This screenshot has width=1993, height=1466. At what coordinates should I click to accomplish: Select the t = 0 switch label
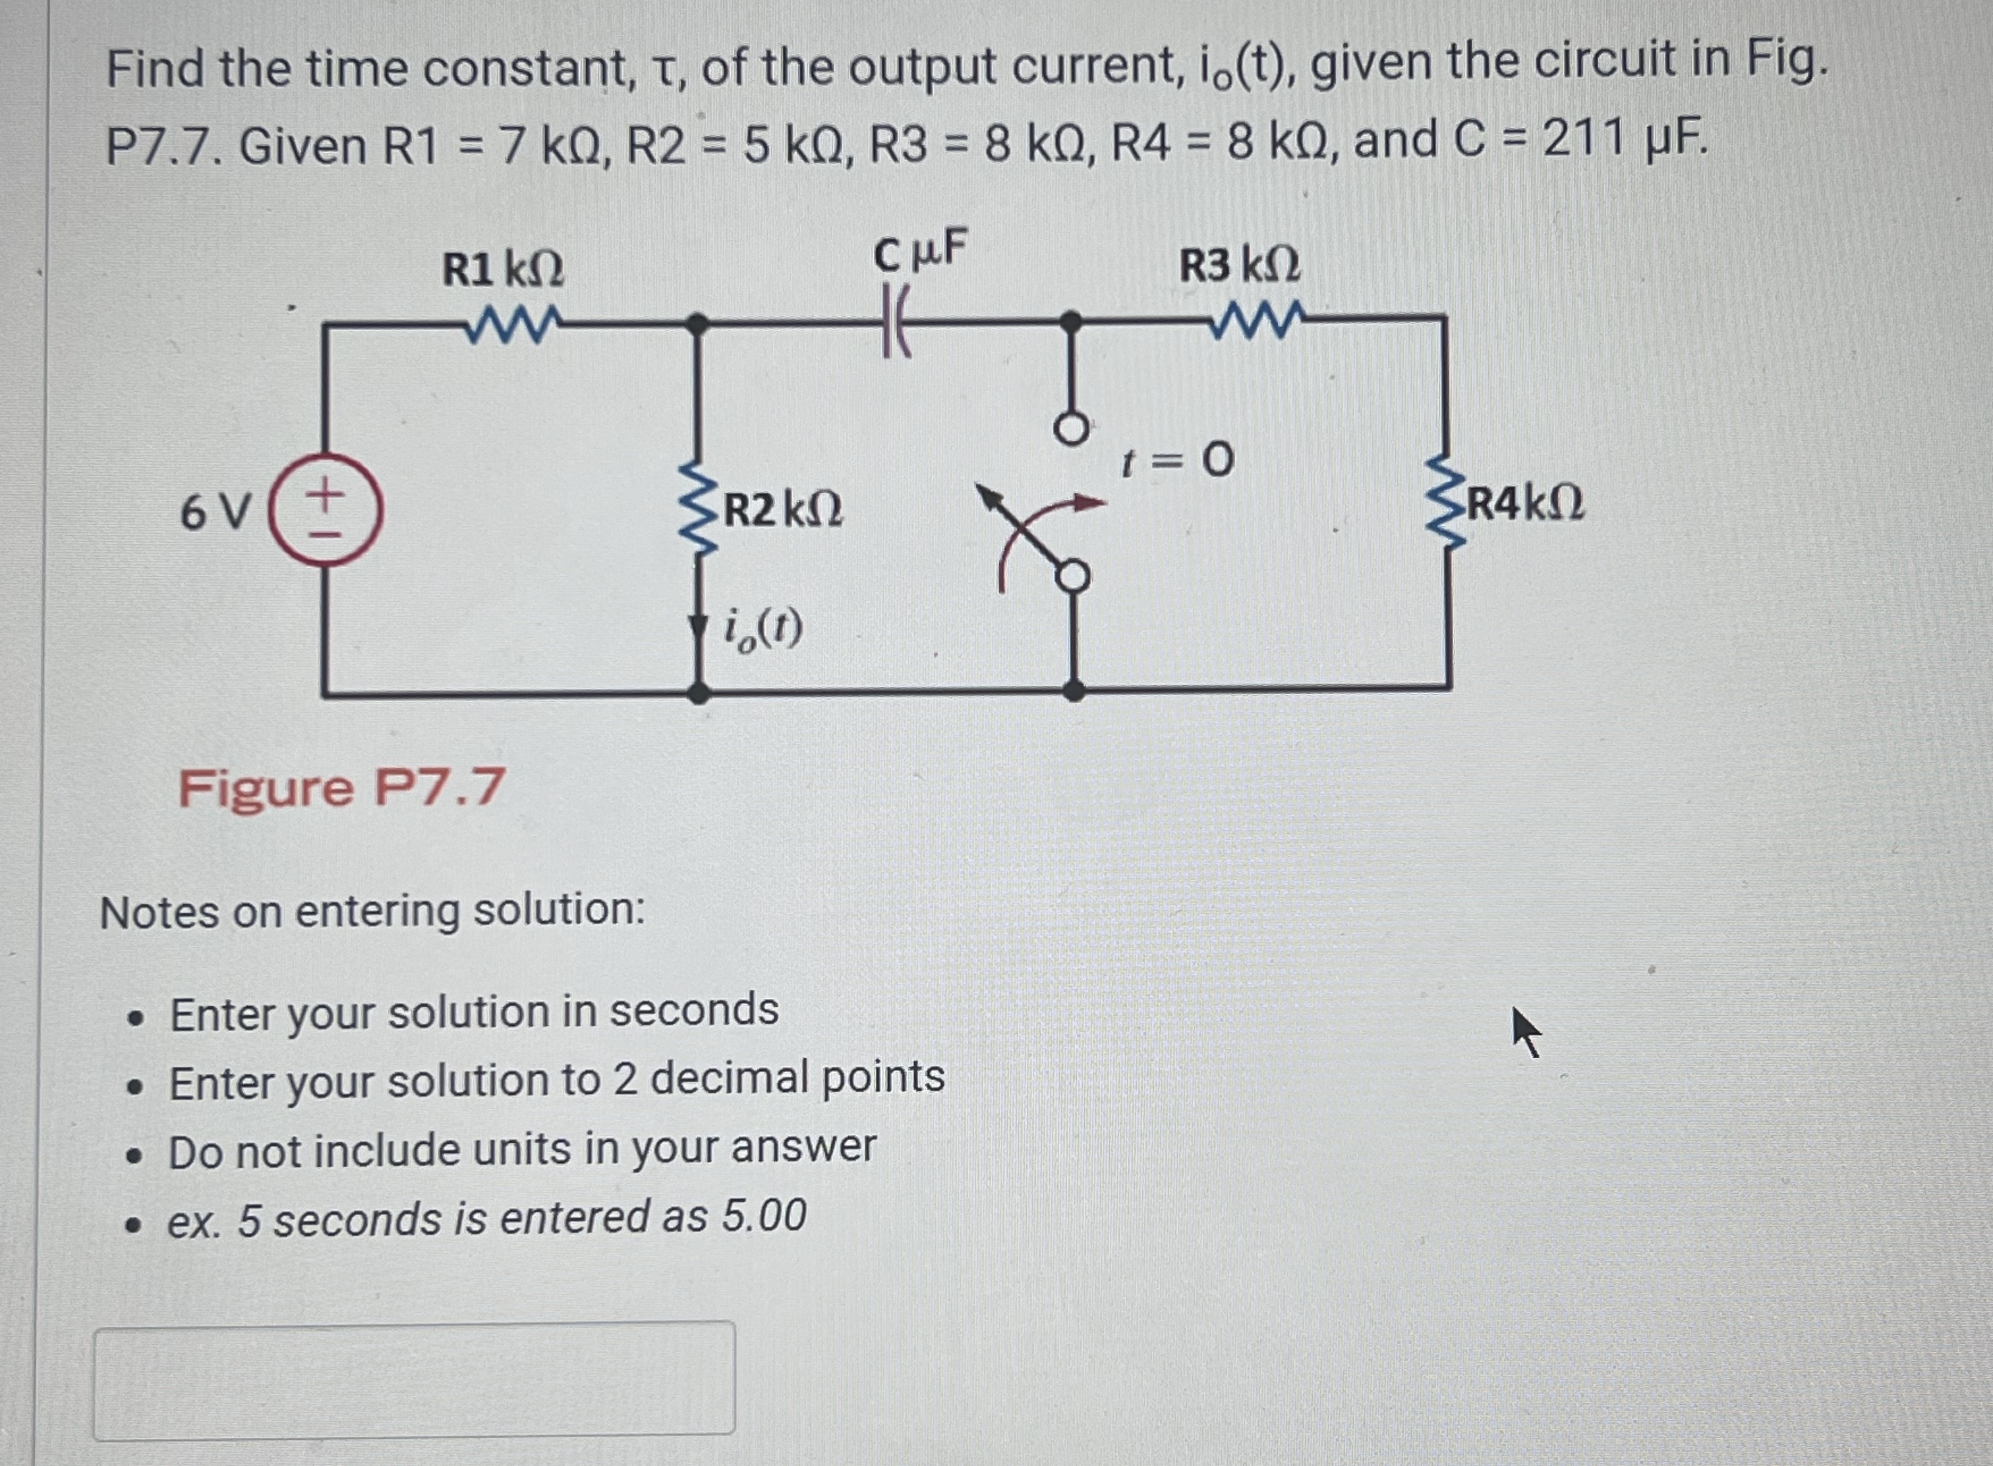pyautogui.click(x=1177, y=461)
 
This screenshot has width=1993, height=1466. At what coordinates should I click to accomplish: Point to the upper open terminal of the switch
pyautogui.click(x=1072, y=430)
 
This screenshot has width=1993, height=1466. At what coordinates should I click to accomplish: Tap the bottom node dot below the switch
pyautogui.click(x=1074, y=691)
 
